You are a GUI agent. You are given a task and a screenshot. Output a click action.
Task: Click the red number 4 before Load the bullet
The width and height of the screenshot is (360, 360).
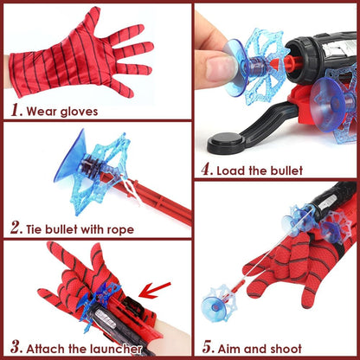pos(206,170)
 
